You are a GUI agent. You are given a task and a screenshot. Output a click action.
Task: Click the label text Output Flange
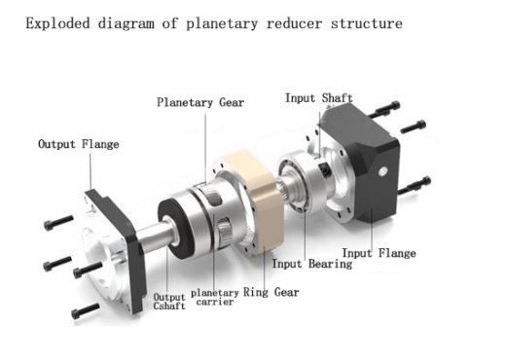78,145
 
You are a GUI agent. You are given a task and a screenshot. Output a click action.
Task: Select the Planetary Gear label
200,102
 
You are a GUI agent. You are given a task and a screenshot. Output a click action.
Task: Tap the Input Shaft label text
318,98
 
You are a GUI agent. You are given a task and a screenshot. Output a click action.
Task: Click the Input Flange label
380,254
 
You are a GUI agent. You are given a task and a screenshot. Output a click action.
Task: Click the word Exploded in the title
57,21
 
